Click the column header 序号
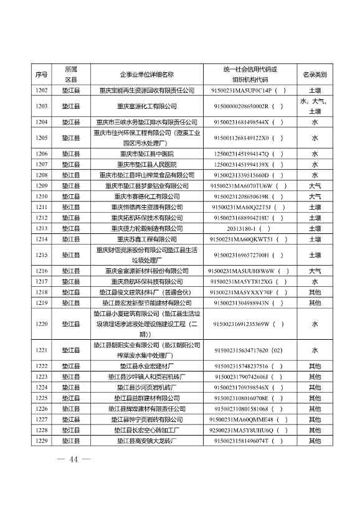point(42,75)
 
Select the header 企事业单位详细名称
point(146,75)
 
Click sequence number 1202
point(42,90)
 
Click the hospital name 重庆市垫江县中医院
point(147,154)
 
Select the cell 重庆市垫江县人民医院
point(147,164)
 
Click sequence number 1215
point(42,255)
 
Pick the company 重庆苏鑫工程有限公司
point(147,239)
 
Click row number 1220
point(42,324)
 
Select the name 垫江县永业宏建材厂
point(147,367)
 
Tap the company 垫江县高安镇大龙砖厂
point(147,441)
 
